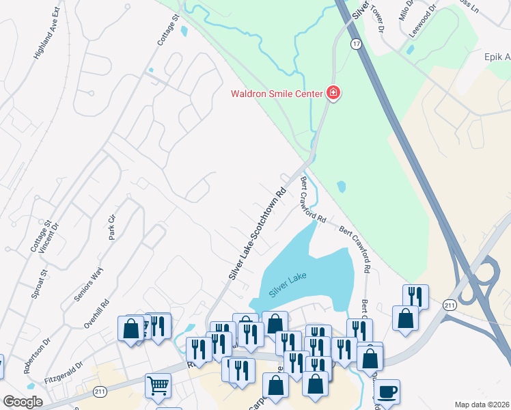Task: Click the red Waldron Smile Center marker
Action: point(333,92)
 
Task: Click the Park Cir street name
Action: point(112,228)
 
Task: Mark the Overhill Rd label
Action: point(96,314)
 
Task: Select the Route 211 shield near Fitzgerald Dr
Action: point(100,391)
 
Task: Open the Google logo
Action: point(23,402)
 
